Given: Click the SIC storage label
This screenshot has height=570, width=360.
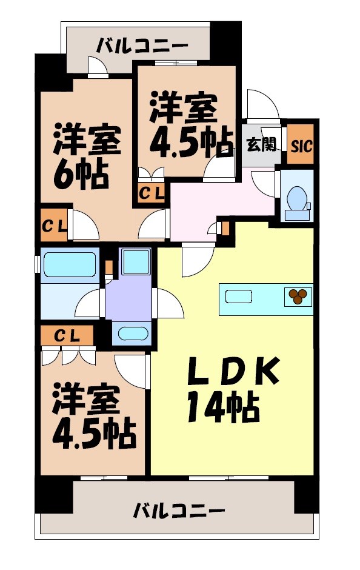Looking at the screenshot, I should (301, 146).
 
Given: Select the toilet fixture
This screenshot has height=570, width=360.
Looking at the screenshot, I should (297, 199).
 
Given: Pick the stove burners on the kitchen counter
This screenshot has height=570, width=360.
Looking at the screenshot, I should (298, 296).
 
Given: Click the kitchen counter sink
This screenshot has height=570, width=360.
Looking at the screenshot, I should (239, 297).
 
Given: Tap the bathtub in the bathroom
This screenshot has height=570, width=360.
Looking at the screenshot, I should (69, 265).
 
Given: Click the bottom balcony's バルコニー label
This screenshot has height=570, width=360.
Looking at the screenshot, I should (179, 510).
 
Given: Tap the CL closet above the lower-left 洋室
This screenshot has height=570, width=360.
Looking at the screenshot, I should (67, 335).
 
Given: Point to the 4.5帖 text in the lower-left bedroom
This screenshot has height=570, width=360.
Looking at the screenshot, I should (93, 431).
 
